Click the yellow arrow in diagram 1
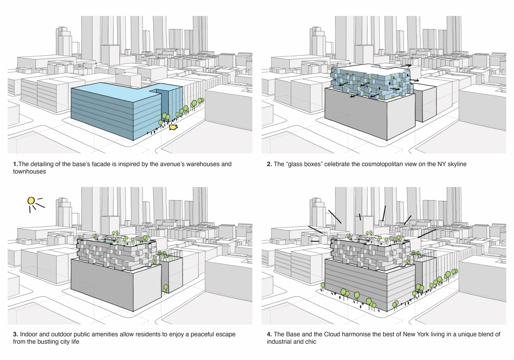click(x=174, y=127)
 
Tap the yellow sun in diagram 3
click(x=31, y=200)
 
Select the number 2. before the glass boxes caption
click(x=269, y=164)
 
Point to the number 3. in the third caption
click(x=16, y=334)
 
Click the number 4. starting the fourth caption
click(x=269, y=334)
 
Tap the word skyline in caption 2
click(x=456, y=164)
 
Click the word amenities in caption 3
click(x=104, y=334)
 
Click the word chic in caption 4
click(x=310, y=341)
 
